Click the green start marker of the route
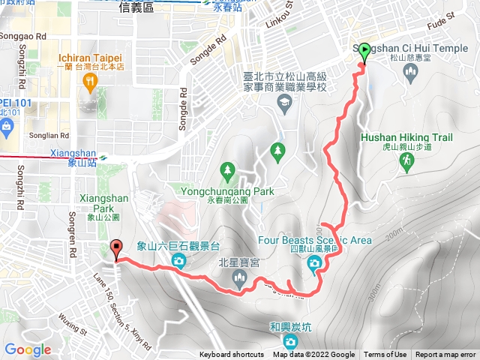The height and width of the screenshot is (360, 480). tap(364, 52)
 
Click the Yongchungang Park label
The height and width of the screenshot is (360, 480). tap(228, 191)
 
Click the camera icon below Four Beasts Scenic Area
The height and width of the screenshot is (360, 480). tap(314, 262)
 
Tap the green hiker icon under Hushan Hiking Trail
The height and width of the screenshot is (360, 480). tap(408, 163)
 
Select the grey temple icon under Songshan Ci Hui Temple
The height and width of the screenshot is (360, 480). tap(409, 72)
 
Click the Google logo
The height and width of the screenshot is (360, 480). tap(28, 349)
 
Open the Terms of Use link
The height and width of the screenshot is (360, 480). tap(385, 355)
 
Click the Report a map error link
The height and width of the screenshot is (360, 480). tap(446, 355)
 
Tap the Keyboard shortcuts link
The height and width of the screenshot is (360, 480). tap(232, 355)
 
